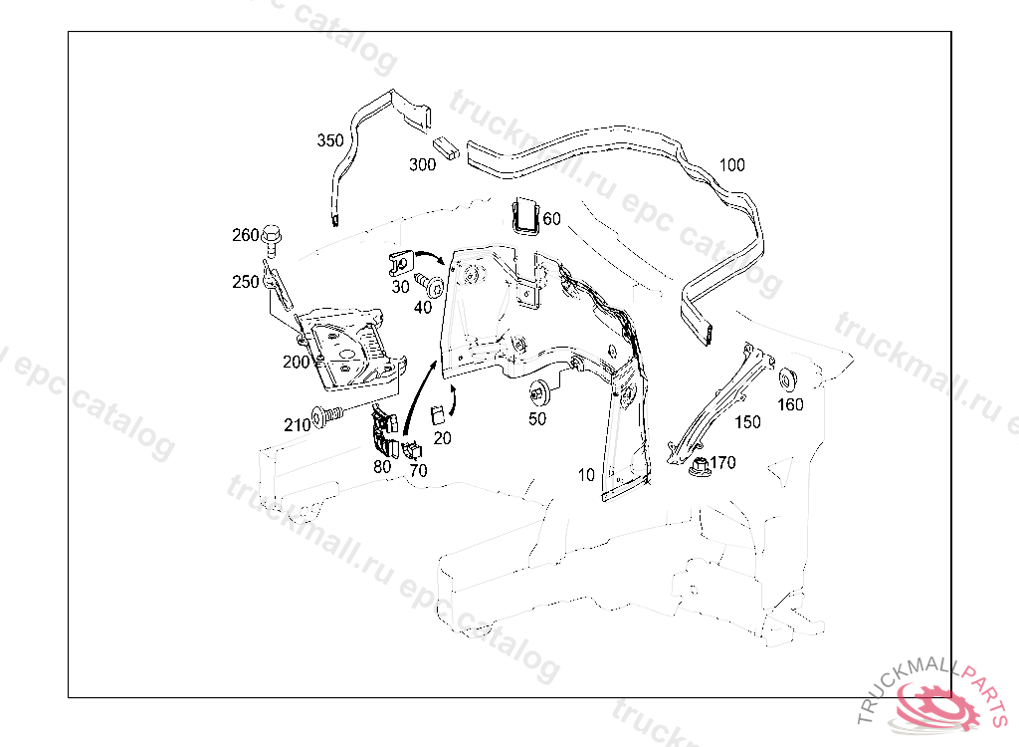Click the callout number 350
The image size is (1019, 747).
(330, 140)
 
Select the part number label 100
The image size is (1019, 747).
(731, 164)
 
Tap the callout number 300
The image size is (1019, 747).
(423, 164)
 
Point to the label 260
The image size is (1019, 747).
(245, 236)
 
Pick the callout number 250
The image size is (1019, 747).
(245, 282)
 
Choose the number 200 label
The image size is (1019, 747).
(296, 363)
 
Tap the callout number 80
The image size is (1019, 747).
(382, 465)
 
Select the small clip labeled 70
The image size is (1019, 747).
(411, 449)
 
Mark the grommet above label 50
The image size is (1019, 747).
(541, 389)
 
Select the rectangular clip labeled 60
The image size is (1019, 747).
(524, 216)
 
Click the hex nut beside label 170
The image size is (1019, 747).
(698, 463)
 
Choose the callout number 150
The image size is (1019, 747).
(747, 422)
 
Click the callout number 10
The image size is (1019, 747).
(586, 475)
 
